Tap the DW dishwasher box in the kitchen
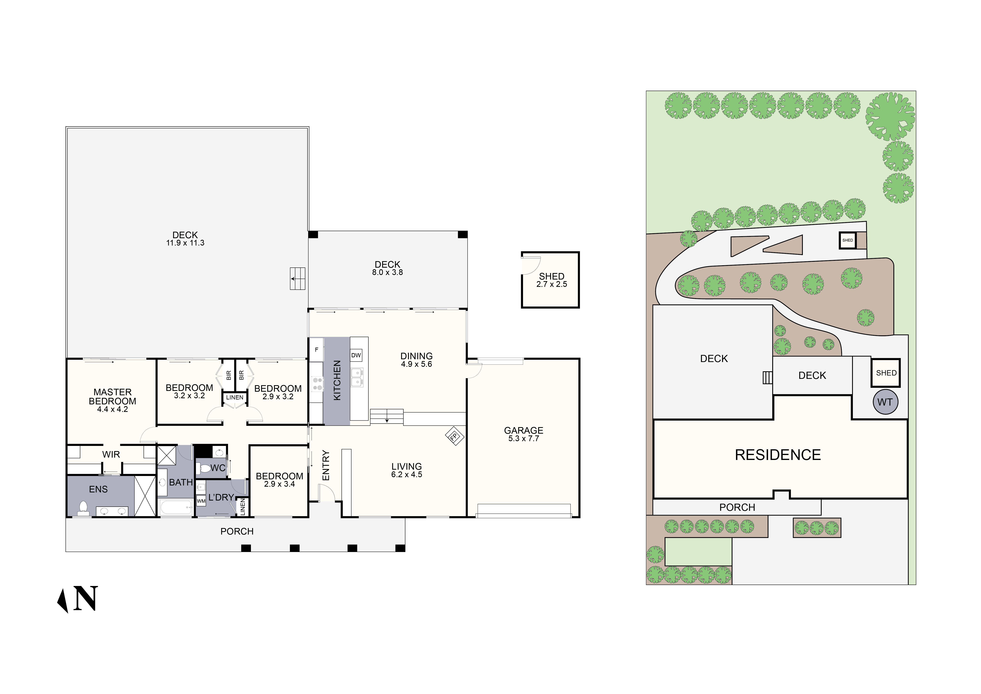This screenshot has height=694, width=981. [356, 355]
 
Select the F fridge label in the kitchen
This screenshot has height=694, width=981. [317, 350]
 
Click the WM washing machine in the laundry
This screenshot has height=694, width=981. [201, 501]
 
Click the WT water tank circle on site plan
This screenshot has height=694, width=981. [885, 402]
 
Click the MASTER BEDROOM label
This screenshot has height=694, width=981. [112, 397]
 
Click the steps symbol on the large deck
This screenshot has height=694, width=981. [298, 279]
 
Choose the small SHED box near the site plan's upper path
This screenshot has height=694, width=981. [848, 240]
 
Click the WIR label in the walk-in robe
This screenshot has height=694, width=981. [111, 455]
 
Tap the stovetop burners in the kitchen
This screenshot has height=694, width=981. [317, 384]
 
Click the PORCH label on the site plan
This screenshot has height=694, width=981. [737, 508]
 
